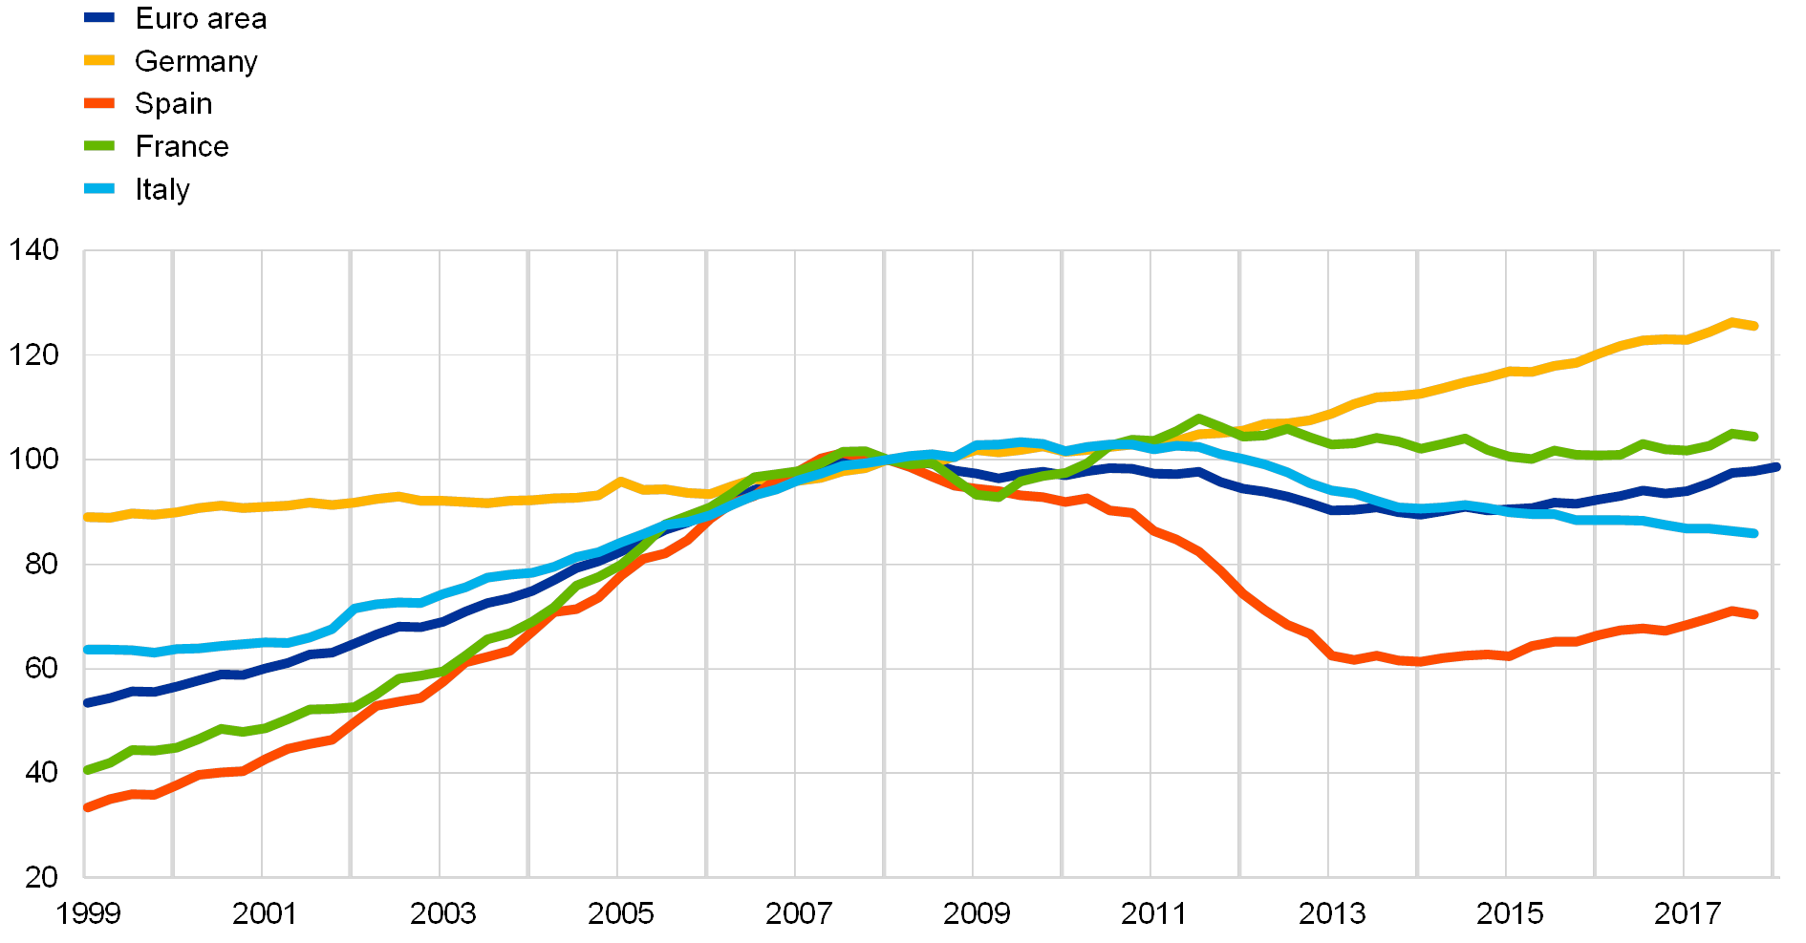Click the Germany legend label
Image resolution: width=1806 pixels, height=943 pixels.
pos(197,61)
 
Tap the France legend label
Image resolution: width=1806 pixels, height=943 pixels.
pos(185,146)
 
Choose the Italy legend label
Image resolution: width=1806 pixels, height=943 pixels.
pos(164,189)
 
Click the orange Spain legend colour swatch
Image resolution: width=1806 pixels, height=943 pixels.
pos(99,103)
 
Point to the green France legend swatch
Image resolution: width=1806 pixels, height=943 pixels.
pos(99,146)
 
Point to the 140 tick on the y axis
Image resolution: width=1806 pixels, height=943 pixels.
pos(34,249)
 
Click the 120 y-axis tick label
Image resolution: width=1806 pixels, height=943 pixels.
pos(34,354)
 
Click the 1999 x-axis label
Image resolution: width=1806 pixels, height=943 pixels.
pos(86,914)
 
